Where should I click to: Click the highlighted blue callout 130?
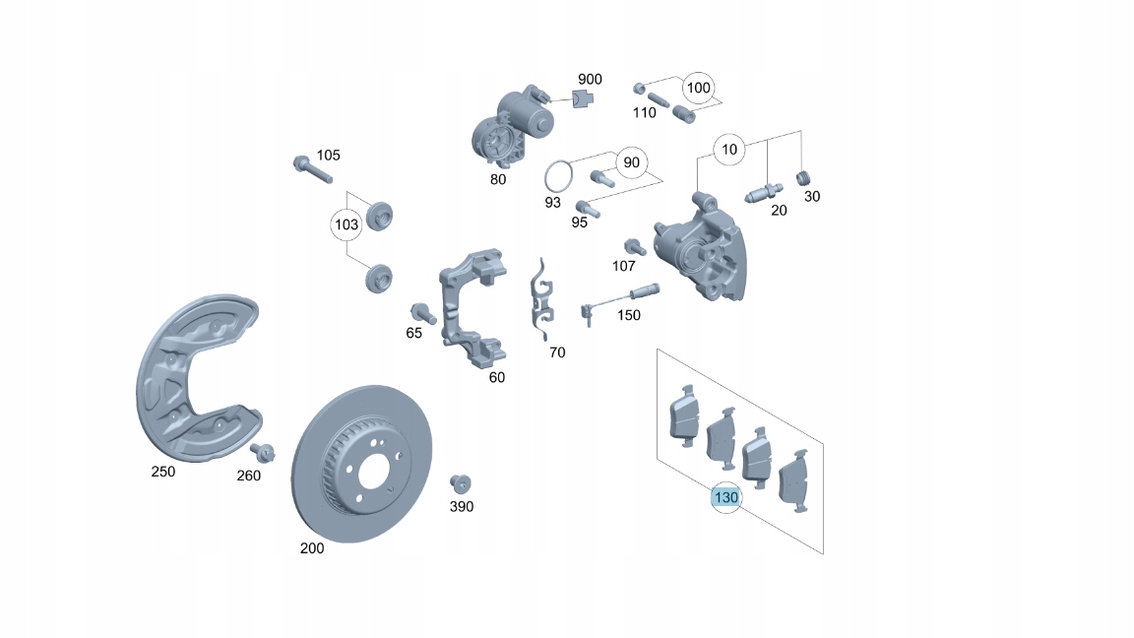[725, 498]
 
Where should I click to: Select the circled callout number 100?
[697, 88]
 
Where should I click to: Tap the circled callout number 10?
[729, 151]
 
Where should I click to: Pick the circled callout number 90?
[631, 161]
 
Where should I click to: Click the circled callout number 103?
[346, 224]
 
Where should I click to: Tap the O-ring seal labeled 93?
[559, 177]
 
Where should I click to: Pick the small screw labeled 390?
[459, 483]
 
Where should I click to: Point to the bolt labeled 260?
[262, 453]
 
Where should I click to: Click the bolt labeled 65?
[423, 312]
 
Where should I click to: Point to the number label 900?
[590, 79]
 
